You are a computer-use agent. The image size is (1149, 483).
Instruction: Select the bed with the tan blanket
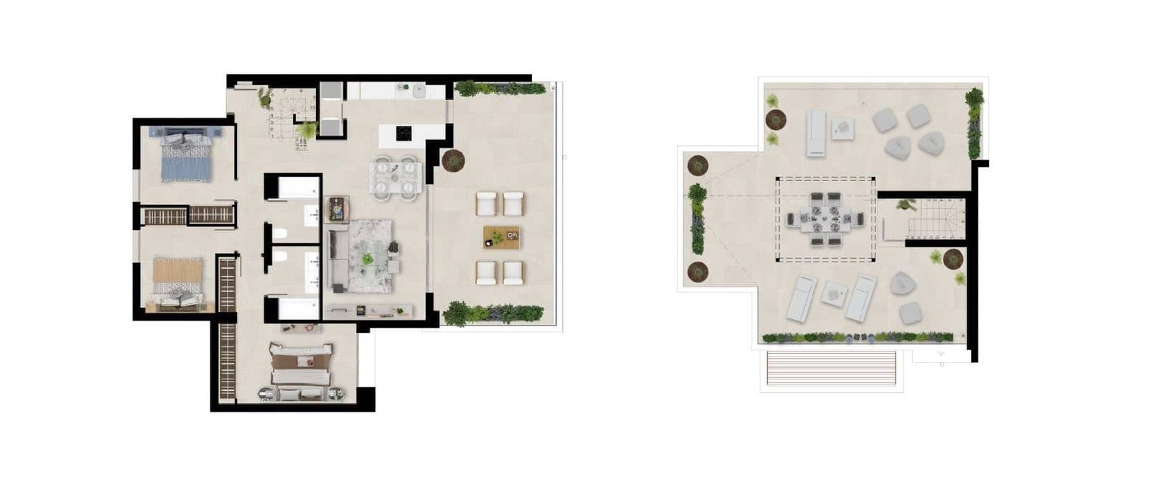pos(177,282)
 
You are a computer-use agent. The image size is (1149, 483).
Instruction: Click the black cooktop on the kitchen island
pos(404,133)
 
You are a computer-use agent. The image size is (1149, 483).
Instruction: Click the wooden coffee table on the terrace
pos(502,236)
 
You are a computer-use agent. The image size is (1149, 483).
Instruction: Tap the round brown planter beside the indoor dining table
pos(453,160)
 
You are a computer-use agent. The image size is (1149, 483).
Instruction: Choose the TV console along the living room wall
pos(368,310)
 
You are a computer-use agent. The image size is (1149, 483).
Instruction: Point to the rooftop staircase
pos(934,219)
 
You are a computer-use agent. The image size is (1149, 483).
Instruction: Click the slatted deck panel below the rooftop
pos(831,369)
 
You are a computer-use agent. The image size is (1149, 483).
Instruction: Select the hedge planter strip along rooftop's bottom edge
pos(857,336)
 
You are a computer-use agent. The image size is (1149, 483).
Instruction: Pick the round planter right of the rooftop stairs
pos(953,258)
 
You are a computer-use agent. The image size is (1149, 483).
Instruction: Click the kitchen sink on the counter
pos(419,91)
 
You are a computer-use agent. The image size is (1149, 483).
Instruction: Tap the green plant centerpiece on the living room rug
pos(368,258)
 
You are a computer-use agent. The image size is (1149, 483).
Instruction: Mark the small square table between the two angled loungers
pos(834,294)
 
